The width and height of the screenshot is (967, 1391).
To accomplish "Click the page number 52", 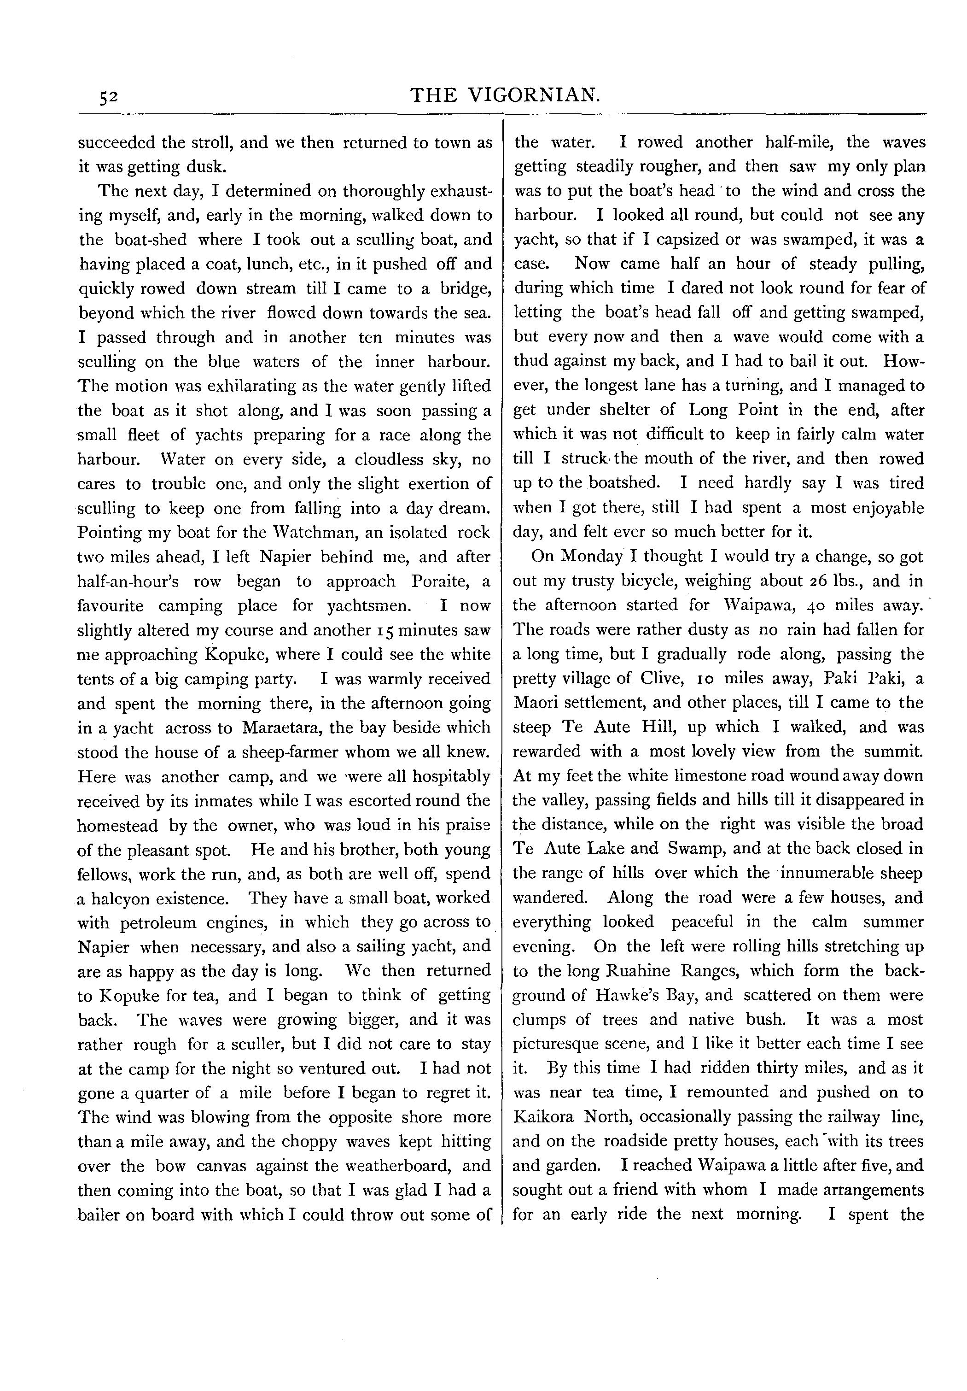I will (x=109, y=97).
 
